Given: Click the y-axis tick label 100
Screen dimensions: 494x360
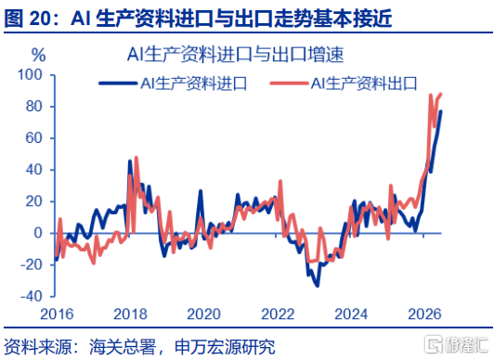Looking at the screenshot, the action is (30, 75).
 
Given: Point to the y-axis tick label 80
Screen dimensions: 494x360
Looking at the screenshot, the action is (34, 107).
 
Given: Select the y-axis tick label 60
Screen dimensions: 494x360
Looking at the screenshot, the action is (34, 138).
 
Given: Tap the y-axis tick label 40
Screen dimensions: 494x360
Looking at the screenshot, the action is (34, 170).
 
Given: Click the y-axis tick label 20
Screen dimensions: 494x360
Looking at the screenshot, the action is (34, 201).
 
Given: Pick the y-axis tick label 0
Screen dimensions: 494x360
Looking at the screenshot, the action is (38, 233).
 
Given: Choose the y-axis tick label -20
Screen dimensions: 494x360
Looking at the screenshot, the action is (32, 265).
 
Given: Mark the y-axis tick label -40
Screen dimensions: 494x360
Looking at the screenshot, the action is (32, 296).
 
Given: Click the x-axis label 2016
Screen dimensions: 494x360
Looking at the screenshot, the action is (57, 314).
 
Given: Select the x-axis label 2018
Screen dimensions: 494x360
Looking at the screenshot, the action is (130, 314).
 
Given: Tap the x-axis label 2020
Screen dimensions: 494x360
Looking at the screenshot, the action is (204, 314).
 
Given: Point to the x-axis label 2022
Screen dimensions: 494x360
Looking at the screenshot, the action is (278, 314).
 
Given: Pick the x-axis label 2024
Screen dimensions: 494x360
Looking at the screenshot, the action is (351, 314).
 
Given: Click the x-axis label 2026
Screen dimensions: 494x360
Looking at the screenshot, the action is (424, 314).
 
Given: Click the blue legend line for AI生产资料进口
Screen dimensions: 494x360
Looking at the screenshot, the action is (118, 84).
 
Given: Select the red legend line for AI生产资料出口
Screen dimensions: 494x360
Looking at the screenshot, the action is (289, 84).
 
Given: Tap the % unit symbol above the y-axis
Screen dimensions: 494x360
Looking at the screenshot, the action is (38, 55).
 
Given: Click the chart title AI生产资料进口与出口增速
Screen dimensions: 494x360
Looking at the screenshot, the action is (235, 55).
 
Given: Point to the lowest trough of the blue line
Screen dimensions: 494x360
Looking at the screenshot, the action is (318, 286).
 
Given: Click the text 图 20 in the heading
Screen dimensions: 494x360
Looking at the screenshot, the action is (27, 19).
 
